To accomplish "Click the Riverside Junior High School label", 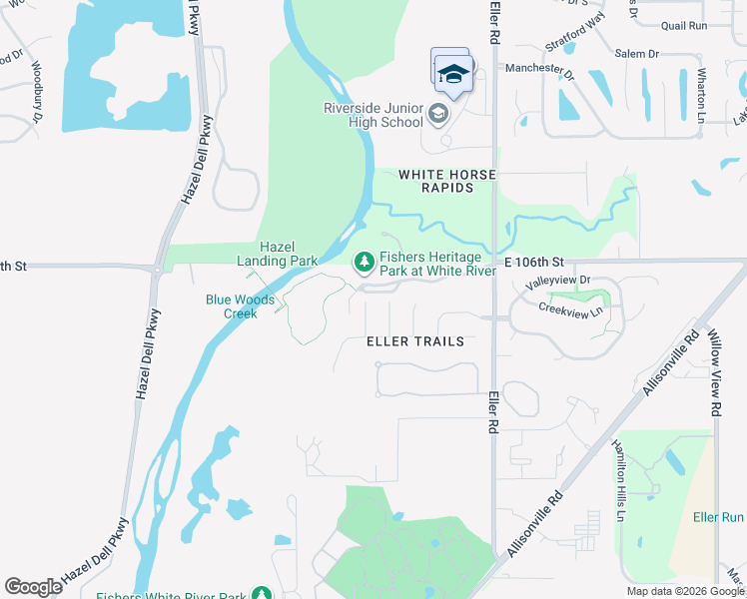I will [x=373, y=115].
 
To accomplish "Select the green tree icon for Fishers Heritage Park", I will [x=365, y=262].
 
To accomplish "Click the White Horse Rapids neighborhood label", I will [x=446, y=181].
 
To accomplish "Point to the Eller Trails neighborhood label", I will [x=415, y=341].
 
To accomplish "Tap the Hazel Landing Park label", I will [x=289, y=254].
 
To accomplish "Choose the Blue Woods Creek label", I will [x=232, y=305].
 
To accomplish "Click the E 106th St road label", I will [x=534, y=261].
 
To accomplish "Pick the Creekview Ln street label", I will [x=570, y=310].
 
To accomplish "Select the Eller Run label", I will [x=718, y=517].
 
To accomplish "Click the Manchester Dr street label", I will [x=540, y=70].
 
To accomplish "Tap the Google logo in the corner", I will [x=34, y=587].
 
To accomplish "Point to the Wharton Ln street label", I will [x=702, y=90].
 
